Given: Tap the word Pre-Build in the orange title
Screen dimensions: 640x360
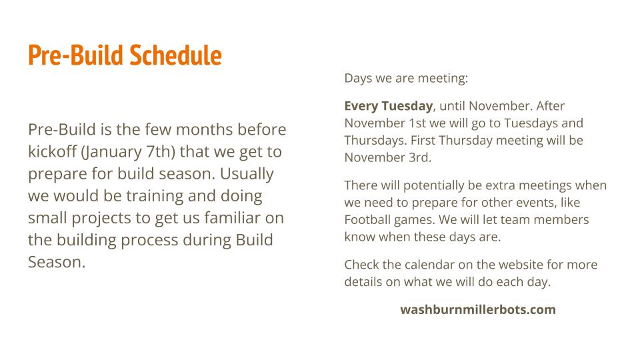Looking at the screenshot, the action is (x=75, y=55).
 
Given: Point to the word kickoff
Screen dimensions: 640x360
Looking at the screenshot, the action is (x=53, y=151).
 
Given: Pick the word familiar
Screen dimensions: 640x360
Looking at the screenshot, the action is (x=232, y=217).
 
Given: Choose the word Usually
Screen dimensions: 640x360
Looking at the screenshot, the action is (x=247, y=174).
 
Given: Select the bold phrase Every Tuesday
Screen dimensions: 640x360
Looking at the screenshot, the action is (x=389, y=106).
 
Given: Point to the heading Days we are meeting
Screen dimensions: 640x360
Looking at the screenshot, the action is (x=406, y=78).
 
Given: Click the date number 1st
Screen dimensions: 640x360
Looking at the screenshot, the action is (x=417, y=123).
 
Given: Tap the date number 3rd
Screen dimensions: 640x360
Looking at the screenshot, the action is (x=420, y=157).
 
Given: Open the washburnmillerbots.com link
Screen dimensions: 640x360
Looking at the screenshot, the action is (x=478, y=309).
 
